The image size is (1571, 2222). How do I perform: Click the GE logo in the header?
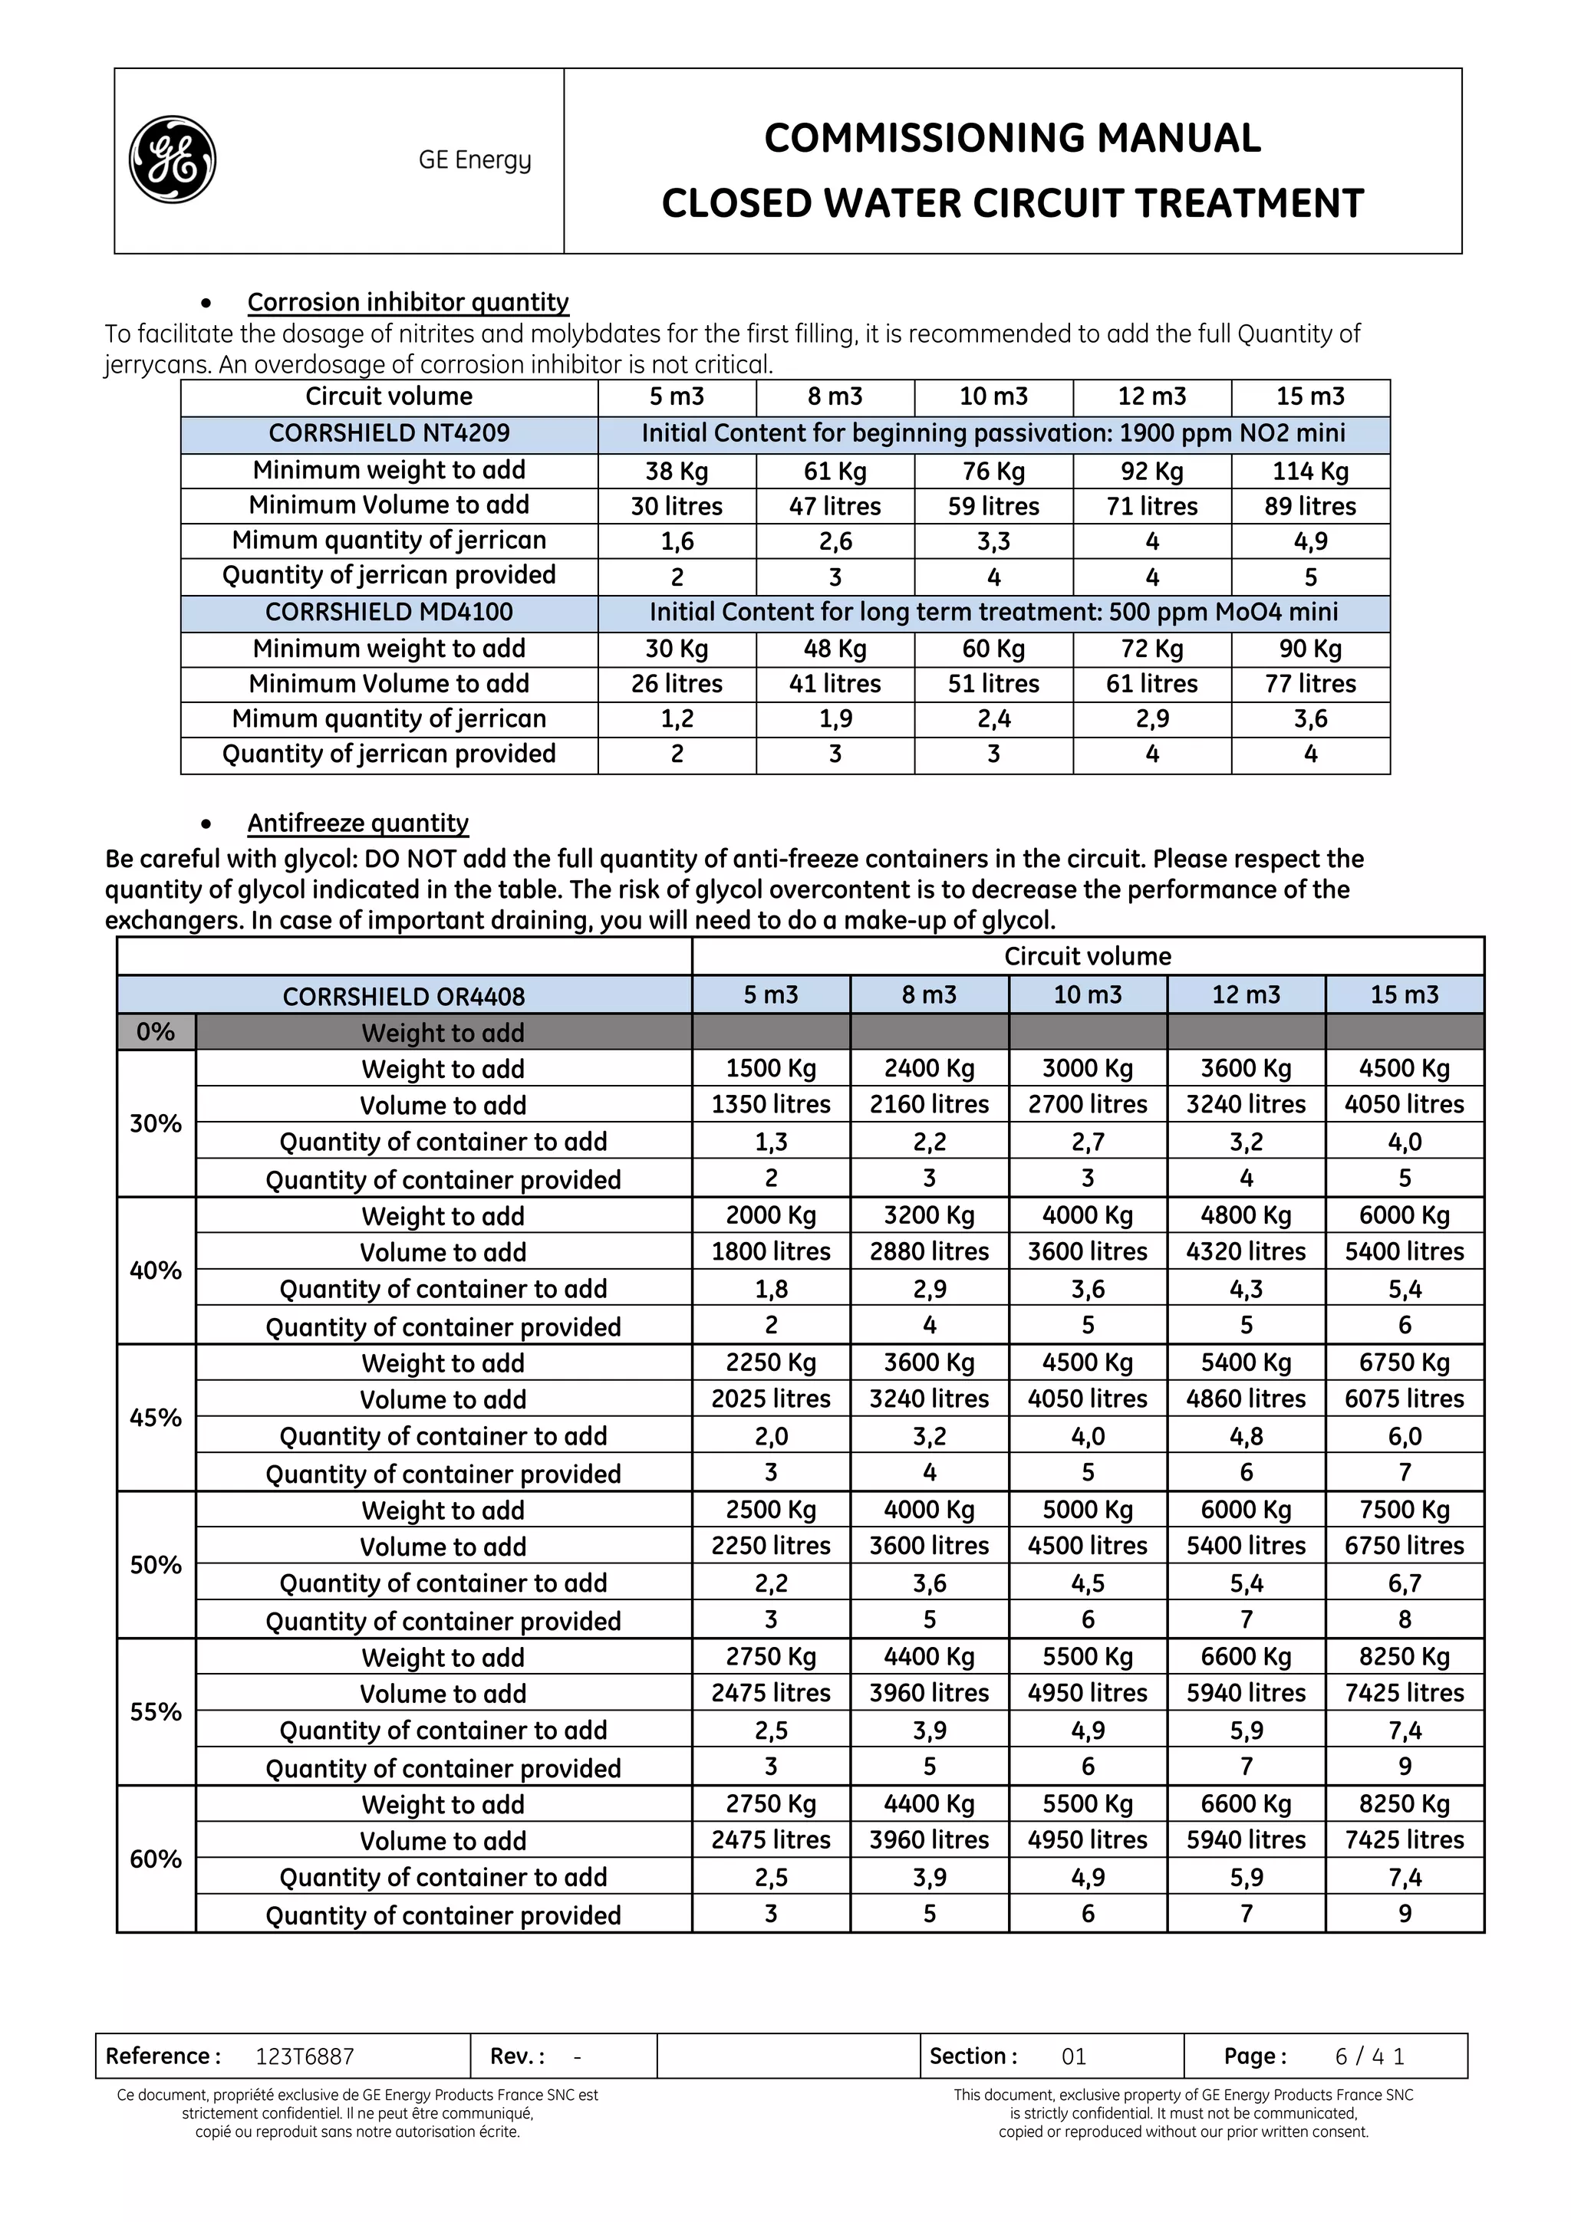pyautogui.click(x=173, y=159)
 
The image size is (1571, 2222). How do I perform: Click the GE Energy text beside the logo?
pyautogui.click(x=474, y=159)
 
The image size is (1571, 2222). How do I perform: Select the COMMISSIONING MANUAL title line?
pyautogui.click(x=1012, y=137)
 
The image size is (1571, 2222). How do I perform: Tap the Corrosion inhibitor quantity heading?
pyautogui.click(x=407, y=302)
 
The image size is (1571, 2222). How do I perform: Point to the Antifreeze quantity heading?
pyautogui.click(x=357, y=823)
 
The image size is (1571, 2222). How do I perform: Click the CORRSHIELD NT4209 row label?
pyautogui.click(x=388, y=432)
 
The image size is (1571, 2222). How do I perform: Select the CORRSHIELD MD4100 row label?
pyautogui.click(x=388, y=612)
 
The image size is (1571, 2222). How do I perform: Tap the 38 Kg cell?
pyautogui.click(x=677, y=472)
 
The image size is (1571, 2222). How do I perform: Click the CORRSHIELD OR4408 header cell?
pyautogui.click(x=403, y=996)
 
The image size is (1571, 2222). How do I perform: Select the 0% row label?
pyautogui.click(x=155, y=1032)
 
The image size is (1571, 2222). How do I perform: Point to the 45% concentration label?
pyautogui.click(x=155, y=1418)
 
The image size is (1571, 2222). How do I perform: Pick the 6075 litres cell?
pyautogui.click(x=1404, y=1399)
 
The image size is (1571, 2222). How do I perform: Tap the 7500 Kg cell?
pyautogui.click(x=1404, y=1510)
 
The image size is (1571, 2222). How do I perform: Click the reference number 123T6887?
pyautogui.click(x=305, y=2056)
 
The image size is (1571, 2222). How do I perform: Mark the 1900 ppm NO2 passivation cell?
pyautogui.click(x=993, y=432)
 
